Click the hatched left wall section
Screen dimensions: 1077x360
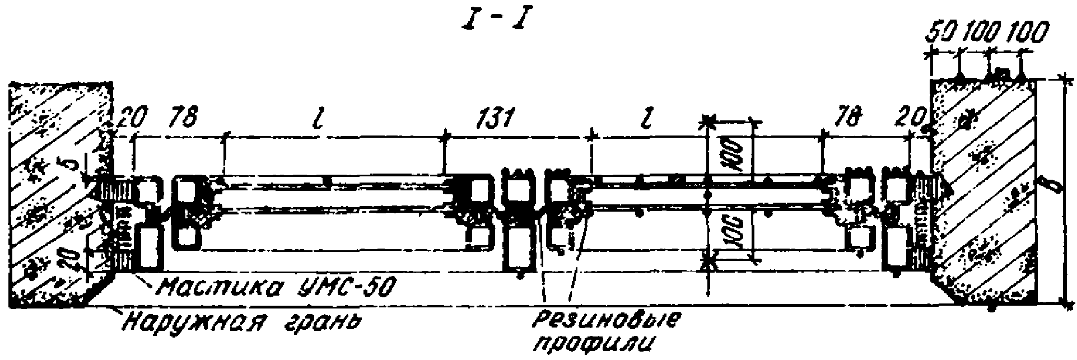pos(50,196)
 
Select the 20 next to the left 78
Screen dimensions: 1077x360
pos(133,118)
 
